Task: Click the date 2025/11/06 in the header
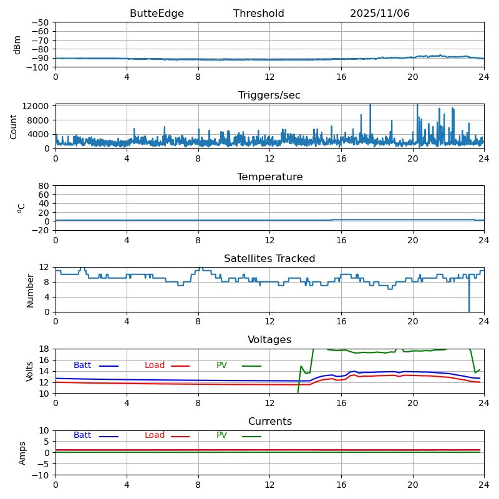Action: [x=379, y=14]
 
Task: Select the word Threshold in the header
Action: [x=259, y=14]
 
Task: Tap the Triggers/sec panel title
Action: [x=269, y=95]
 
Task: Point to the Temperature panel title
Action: [x=269, y=177]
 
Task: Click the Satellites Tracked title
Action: [x=269, y=259]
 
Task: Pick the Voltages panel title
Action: [x=269, y=340]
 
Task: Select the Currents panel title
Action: [x=269, y=422]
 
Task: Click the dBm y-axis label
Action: [x=17, y=44]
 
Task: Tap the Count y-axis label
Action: [x=14, y=126]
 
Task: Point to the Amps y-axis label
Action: [x=22, y=453]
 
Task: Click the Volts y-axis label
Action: [x=30, y=371]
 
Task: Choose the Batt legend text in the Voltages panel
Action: [x=82, y=366]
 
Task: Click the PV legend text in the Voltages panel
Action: [x=222, y=366]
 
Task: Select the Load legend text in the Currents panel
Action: [x=154, y=435]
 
